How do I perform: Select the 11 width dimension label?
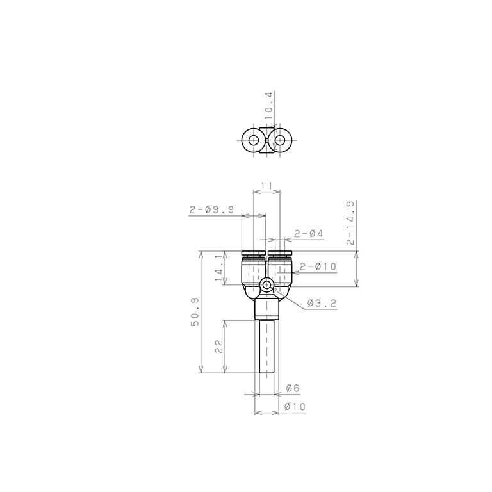pyautogui.click(x=267, y=186)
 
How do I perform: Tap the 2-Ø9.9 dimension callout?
pyautogui.click(x=211, y=209)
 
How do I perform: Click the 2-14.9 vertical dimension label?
pyautogui.click(x=350, y=224)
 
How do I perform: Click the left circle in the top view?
pyautogui.click(x=253, y=140)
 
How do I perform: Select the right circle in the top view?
pyautogui.click(x=281, y=140)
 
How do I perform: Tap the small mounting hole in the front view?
pyautogui.click(x=266, y=284)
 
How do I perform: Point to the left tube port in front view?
pyautogui.click(x=253, y=269)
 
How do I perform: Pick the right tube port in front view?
pyautogui.click(x=280, y=269)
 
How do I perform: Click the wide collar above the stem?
pyautogui.click(x=266, y=310)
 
